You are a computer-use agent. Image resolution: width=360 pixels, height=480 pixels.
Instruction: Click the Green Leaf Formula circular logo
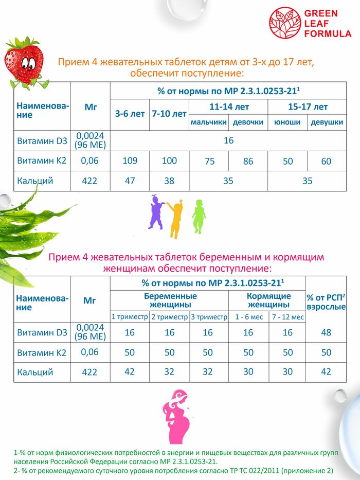click(x=285, y=23)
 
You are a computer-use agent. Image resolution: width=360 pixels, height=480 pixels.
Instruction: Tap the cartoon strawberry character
click(x=24, y=62)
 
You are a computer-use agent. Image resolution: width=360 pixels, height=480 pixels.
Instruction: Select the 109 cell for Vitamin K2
click(x=130, y=161)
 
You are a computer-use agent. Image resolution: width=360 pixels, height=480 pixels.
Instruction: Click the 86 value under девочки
click(x=248, y=162)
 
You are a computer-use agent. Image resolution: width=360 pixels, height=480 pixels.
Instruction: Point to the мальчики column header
click(x=208, y=122)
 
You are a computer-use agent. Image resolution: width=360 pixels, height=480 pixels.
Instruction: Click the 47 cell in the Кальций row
click(x=130, y=181)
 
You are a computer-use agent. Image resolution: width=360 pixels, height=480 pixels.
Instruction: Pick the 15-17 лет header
click(x=307, y=107)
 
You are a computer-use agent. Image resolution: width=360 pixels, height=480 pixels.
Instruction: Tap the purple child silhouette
click(x=156, y=212)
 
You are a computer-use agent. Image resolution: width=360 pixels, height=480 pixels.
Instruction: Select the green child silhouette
click(x=198, y=216)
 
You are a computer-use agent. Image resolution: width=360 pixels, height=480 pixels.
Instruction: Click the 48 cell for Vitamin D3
click(x=326, y=333)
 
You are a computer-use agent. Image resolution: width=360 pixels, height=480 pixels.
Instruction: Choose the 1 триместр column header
click(x=130, y=317)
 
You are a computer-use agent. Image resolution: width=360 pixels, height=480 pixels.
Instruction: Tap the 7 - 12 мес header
click(x=287, y=317)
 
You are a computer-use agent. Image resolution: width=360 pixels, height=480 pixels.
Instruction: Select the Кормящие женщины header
click(x=268, y=300)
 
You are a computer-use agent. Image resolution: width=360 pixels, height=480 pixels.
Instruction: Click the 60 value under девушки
click(x=326, y=162)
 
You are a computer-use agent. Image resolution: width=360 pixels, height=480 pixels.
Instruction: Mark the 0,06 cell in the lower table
click(x=89, y=352)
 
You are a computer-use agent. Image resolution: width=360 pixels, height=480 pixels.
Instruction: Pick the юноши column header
click(x=287, y=122)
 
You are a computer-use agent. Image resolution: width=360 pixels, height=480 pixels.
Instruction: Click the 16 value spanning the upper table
click(x=228, y=140)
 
